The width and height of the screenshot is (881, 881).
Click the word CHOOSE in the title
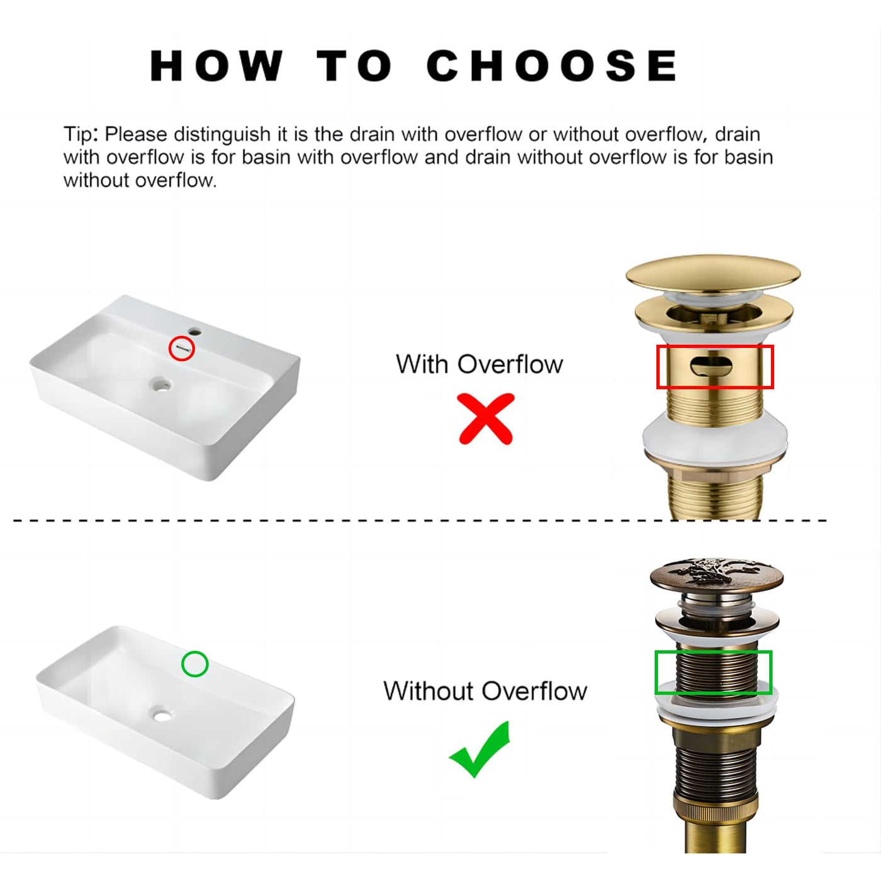click(552, 65)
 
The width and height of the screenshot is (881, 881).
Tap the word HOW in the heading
click(216, 66)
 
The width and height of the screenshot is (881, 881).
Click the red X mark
click(486, 418)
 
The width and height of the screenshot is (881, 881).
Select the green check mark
click(479, 749)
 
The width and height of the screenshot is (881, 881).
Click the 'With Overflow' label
click(479, 364)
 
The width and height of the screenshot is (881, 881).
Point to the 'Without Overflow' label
click(485, 691)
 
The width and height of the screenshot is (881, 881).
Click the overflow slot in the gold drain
click(711, 366)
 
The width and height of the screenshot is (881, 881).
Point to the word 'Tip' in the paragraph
click(78, 135)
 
